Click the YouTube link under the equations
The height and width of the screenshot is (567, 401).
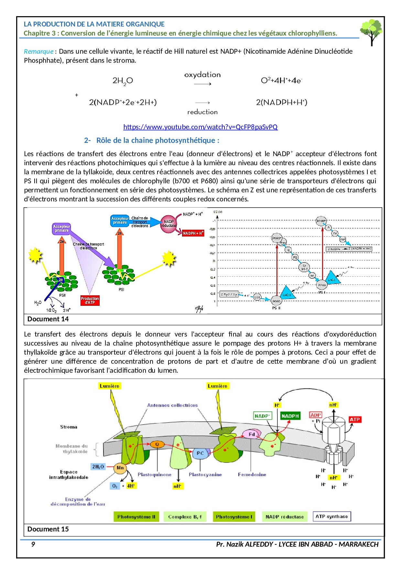(200, 127)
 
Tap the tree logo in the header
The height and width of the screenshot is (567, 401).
(371, 31)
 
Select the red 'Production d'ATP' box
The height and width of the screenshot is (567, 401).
(90, 300)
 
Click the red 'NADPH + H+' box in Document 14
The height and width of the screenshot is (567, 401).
(193, 233)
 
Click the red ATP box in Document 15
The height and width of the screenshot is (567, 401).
(354, 420)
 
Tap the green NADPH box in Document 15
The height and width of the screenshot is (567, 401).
(290, 416)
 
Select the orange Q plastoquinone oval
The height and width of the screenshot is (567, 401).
(157, 444)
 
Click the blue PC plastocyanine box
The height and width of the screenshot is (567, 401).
(200, 453)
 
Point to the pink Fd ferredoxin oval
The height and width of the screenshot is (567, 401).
(251, 434)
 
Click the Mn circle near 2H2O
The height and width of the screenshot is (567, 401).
(120, 468)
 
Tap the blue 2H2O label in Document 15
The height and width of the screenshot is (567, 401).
(98, 466)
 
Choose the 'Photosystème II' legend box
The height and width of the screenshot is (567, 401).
(136, 517)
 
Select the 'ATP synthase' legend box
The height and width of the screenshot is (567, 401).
(331, 516)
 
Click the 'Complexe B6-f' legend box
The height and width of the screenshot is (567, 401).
(185, 517)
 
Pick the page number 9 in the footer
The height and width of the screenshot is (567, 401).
(33, 544)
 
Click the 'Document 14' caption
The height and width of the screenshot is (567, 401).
(48, 319)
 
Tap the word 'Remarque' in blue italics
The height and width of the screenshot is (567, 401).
(38, 51)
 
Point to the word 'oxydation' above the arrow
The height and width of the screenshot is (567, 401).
(202, 75)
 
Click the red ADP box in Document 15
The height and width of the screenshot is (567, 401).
(315, 415)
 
